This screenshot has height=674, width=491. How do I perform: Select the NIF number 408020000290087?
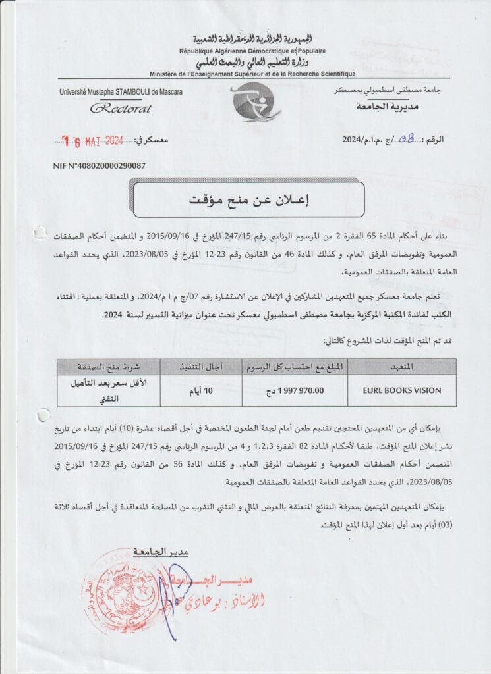pos(100,166)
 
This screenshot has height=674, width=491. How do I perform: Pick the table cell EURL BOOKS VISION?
pos(401,390)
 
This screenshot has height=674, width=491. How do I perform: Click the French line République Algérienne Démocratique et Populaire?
pos(252,51)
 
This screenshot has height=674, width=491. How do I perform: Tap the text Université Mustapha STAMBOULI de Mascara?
pos(121,91)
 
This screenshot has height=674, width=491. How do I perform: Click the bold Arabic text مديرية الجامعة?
pos(386,106)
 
